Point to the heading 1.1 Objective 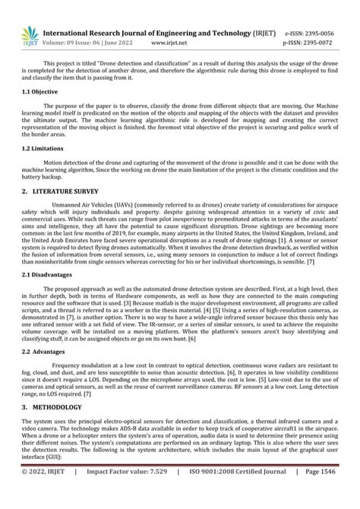click(x=39, y=90)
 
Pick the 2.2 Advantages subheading click(x=43, y=352)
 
